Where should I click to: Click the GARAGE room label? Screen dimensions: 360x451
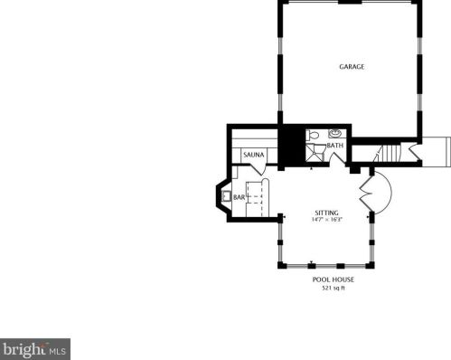(x=352, y=67)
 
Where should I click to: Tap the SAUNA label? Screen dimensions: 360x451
(x=253, y=156)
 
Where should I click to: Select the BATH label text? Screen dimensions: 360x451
(x=335, y=146)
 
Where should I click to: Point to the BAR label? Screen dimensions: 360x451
(x=240, y=196)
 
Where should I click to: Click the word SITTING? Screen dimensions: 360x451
(x=326, y=213)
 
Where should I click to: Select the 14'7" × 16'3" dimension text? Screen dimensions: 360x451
(x=326, y=220)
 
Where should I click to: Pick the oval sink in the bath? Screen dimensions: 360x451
(x=334, y=134)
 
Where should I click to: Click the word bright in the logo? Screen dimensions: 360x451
(x=23, y=348)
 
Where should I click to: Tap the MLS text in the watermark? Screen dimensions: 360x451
(x=57, y=348)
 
